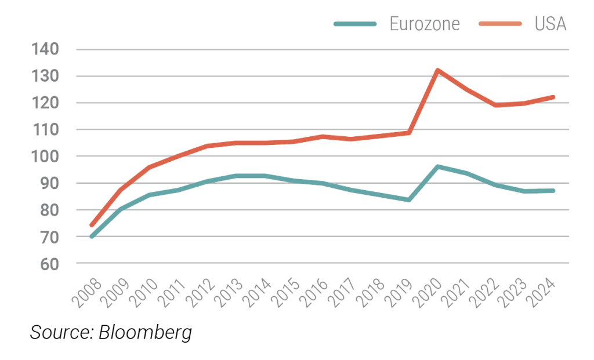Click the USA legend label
[550, 24]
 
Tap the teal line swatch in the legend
[355, 24]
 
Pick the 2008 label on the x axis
[88, 292]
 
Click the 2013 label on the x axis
[231, 292]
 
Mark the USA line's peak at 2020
[437, 70]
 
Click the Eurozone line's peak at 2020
[437, 167]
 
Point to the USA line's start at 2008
[92, 225]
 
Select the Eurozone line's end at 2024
[553, 191]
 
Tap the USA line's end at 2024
[553, 97]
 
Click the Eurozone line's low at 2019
[409, 199]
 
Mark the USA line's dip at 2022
[495, 105]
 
